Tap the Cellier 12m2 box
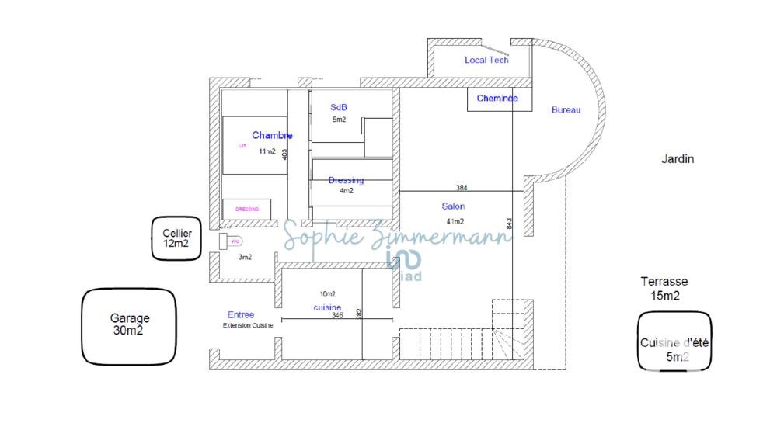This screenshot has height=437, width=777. point(177,238)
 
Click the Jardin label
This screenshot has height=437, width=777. point(678,159)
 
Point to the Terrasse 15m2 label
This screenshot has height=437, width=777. point(664,288)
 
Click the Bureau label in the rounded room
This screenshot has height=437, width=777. point(566,110)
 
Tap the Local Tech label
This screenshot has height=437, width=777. point(486,60)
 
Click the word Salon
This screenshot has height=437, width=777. point(453,206)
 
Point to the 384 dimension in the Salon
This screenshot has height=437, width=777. point(462,188)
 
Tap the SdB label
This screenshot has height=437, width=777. point(339,107)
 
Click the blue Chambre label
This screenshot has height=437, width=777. point(272,136)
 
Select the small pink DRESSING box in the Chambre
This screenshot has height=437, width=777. point(247,209)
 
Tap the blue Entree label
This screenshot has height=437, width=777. point(241,314)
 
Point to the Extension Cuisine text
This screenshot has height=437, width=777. point(248,325)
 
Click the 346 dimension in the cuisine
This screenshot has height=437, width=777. point(337,316)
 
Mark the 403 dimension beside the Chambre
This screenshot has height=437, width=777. point(285,154)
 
